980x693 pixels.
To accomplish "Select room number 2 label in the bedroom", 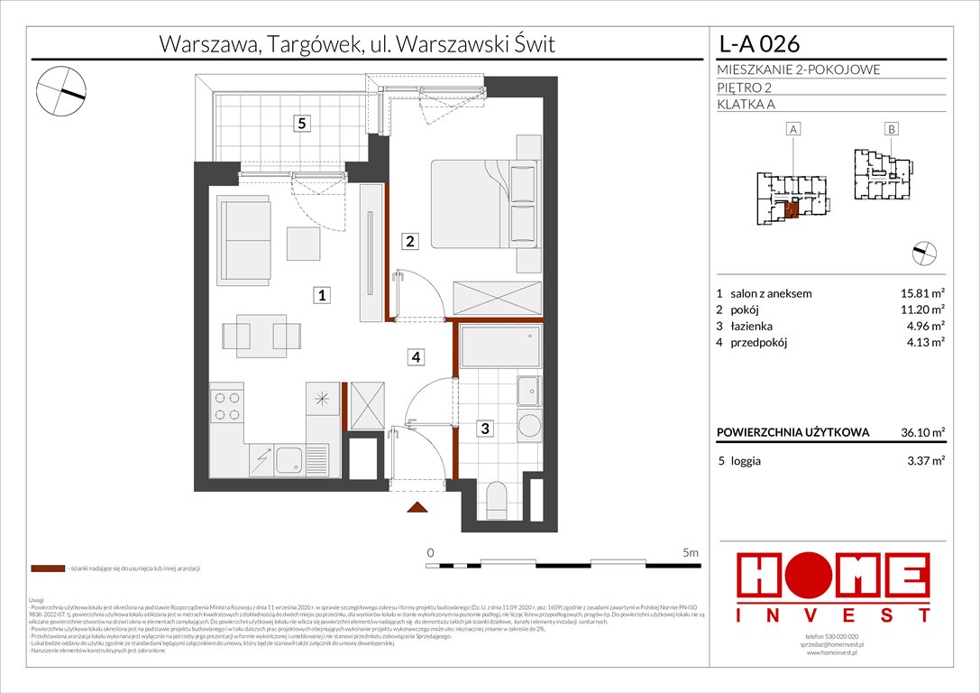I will tap(409, 241).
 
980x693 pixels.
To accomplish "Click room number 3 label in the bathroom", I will tap(485, 430).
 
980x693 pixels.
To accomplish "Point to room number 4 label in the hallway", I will tap(415, 357).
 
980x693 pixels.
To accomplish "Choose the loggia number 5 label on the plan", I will tap(299, 124).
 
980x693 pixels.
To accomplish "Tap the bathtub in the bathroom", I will tap(500, 346).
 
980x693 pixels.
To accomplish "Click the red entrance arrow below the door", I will tap(417, 507).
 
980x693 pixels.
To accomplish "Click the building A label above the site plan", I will tap(794, 130).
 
